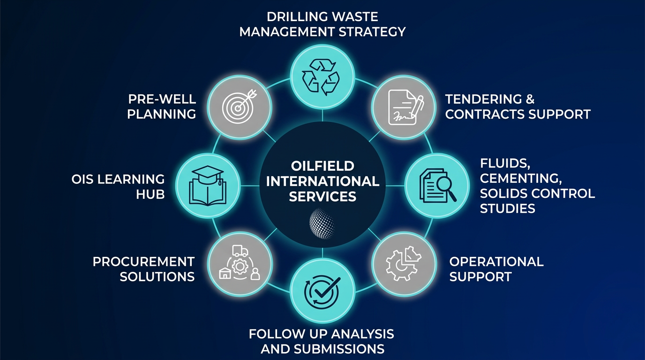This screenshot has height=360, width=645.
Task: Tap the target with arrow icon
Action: pyautogui.click(x=240, y=107)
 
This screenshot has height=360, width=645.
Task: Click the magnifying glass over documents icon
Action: pyautogui.click(x=437, y=185)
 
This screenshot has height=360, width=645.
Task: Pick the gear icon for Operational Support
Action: pyautogui.click(x=402, y=263)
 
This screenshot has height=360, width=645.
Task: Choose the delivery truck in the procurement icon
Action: pyautogui.click(x=239, y=252)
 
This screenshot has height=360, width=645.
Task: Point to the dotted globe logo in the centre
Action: pyautogui.click(x=322, y=221)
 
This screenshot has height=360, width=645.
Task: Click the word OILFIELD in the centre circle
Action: pyautogui.click(x=322, y=166)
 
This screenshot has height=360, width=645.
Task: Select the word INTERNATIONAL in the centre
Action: pyautogui.click(x=322, y=181)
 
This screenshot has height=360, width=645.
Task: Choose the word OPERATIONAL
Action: pyautogui.click(x=496, y=262)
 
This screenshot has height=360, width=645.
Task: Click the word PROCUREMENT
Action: pyautogui.click(x=143, y=262)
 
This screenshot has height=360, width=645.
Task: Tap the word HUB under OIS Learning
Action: pyautogui.click(x=150, y=194)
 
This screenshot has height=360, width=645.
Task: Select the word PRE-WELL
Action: pyautogui.click(x=162, y=99)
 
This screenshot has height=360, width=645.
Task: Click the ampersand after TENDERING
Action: pyautogui.click(x=530, y=99)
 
